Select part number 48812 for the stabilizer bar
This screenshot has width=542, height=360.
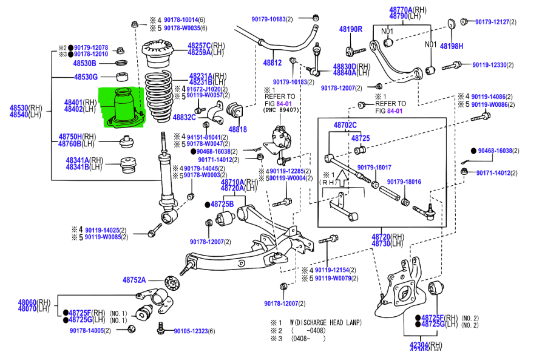pos(272,63)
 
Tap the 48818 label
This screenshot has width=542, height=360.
pos(237,129)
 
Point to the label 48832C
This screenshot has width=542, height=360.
pos(184,117)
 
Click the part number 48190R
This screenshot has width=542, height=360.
pos(350,29)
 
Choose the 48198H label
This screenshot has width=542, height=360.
pos(451,46)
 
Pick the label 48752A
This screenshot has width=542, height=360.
pos(134,280)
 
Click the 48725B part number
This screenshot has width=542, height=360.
pos(222,204)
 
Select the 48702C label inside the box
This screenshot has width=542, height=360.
pos(345,126)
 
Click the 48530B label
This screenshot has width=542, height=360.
pos(84,63)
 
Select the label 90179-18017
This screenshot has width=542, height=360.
pos(374,167)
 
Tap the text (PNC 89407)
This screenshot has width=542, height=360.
pos(281,110)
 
